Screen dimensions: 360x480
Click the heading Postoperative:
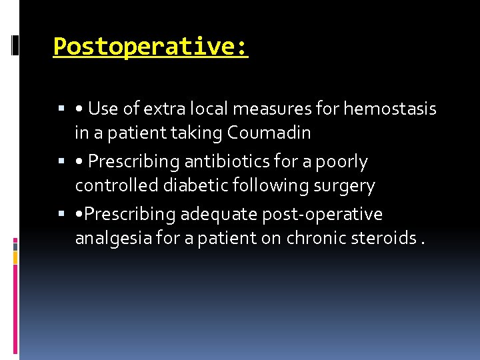(151, 47)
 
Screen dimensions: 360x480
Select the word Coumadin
(269, 133)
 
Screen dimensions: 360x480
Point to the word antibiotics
(241, 161)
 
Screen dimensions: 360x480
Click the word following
(261, 185)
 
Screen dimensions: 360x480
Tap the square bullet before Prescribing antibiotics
(61, 162)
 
